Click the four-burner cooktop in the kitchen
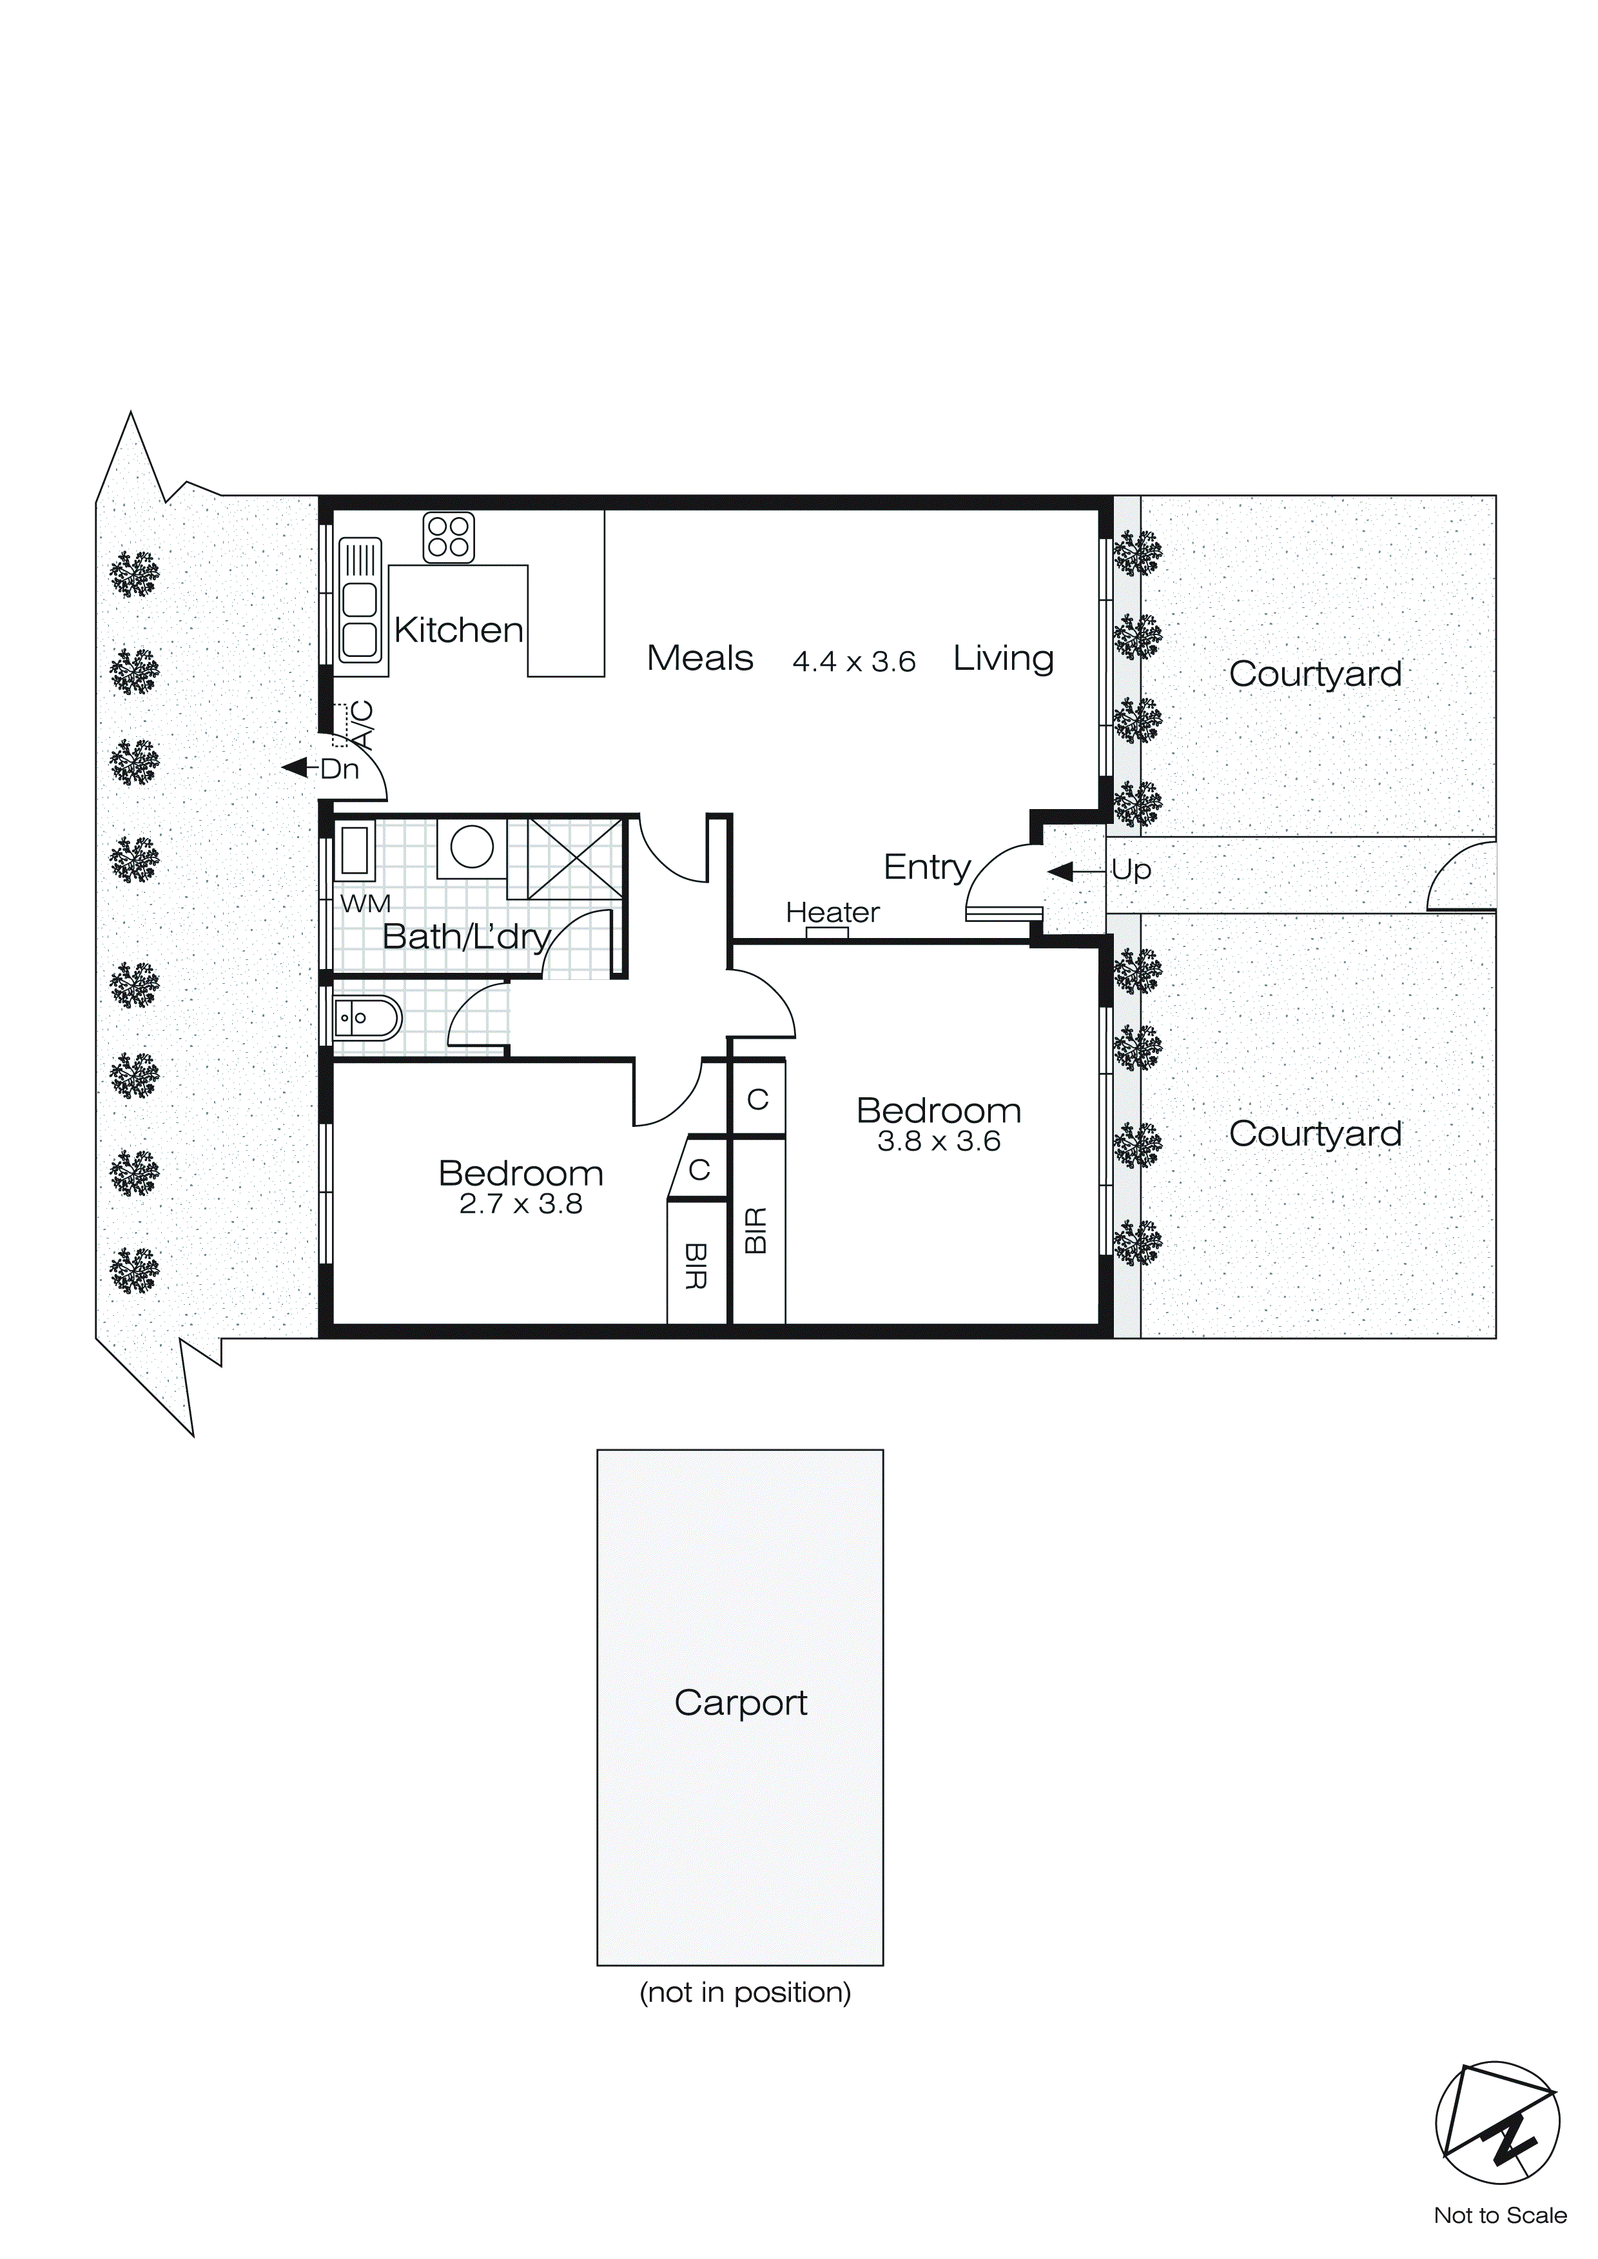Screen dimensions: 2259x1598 [x=449, y=537]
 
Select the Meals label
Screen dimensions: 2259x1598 [x=699, y=658]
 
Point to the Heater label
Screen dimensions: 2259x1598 [x=832, y=912]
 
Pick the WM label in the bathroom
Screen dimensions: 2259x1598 [x=365, y=903]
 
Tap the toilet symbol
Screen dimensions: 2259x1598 [x=367, y=1019]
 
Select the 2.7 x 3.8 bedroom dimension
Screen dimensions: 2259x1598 [x=521, y=1204]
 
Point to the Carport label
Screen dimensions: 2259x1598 [x=740, y=1702]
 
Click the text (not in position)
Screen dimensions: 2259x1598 [x=745, y=1992]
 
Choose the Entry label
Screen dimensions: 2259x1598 [x=927, y=867]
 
